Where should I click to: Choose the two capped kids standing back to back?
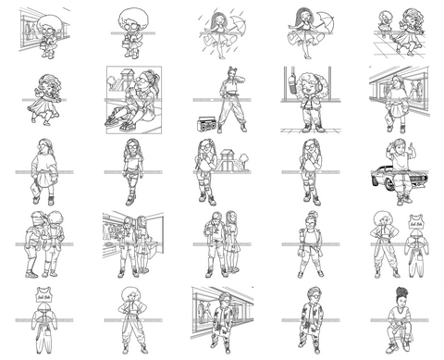pos(40,244)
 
